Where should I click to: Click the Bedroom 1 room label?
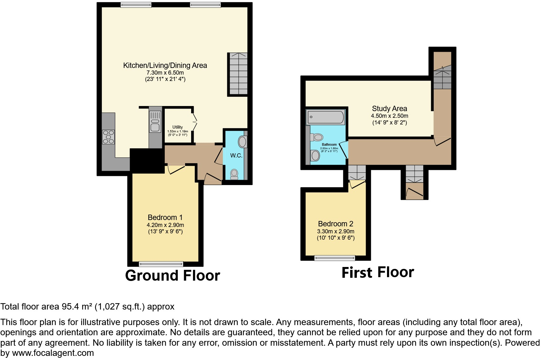coord(165,217)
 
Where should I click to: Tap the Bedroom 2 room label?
coord(336,224)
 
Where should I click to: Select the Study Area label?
coord(389,109)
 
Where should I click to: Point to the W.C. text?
coord(236,156)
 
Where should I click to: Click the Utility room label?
coord(177,127)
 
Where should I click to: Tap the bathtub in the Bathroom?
coord(325,117)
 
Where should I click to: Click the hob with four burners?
coord(108,137)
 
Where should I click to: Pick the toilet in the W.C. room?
coord(234,174)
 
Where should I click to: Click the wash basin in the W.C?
coord(243,142)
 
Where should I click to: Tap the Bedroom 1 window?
coord(161,263)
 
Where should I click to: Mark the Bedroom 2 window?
coord(335,258)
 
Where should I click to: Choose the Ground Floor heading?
coord(172,276)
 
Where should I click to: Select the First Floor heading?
coord(377,272)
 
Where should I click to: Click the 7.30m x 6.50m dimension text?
coord(165,73)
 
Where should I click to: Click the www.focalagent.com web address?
coord(53,353)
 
